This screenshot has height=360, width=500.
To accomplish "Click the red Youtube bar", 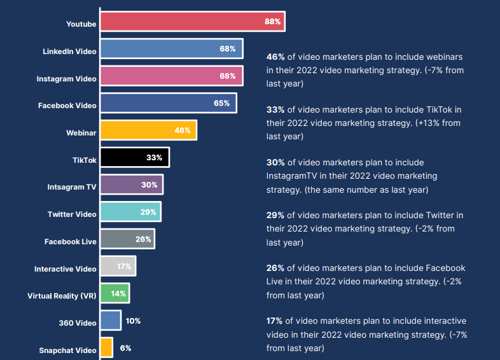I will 191,22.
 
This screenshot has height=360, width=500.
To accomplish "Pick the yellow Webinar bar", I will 148,130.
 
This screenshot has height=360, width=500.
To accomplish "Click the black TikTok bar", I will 134,158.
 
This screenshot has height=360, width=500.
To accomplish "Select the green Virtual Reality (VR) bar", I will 115,294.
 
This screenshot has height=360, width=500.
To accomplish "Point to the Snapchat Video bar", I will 106,348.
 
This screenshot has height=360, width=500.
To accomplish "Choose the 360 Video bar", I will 110,321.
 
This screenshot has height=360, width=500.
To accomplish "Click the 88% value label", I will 273,22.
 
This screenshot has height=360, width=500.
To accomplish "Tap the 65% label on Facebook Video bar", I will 222,103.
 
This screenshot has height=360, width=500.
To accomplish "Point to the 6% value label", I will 125,348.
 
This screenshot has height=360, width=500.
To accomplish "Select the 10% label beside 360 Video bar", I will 133,321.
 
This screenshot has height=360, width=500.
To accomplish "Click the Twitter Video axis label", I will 72,214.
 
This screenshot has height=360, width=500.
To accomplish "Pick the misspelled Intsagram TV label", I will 72,188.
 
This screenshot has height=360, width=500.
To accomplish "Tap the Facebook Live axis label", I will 71,242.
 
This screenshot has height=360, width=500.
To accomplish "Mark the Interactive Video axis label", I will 66,269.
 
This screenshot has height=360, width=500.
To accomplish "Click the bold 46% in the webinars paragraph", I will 275,57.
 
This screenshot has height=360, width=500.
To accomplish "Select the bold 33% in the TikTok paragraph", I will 275,109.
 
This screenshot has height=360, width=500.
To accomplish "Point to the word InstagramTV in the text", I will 290,176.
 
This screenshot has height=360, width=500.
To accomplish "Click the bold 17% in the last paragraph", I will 274,321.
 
